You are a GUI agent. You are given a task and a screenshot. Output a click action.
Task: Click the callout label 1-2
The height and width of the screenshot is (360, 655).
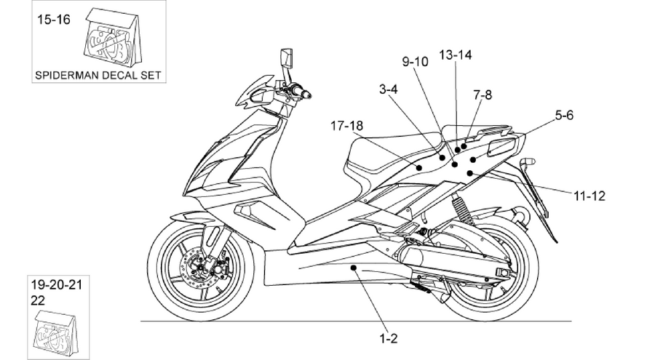pos(389,338)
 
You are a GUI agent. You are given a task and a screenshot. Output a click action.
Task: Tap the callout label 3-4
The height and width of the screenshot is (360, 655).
pos(389,89)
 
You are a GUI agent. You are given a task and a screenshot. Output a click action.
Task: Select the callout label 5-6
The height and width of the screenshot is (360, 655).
pos(564,115)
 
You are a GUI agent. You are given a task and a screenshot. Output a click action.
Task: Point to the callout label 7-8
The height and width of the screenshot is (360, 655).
pos(483,95)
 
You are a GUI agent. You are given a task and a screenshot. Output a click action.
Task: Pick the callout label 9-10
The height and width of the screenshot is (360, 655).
pos(416,62)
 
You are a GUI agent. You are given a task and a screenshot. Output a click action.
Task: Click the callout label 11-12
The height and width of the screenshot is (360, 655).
pos(589,196)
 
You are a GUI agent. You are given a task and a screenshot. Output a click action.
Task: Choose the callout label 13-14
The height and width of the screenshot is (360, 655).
pos(456,55)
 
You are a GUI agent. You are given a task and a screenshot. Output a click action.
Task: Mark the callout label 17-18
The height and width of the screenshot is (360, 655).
pos(346,126)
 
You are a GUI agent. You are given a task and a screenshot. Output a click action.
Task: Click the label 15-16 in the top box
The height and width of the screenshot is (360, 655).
pos(54,19)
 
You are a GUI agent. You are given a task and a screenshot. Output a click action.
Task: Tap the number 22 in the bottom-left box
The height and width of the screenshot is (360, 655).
pos(38,300)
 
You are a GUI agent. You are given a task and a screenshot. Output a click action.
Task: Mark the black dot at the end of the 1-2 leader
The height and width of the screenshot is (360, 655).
pos(354,268)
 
